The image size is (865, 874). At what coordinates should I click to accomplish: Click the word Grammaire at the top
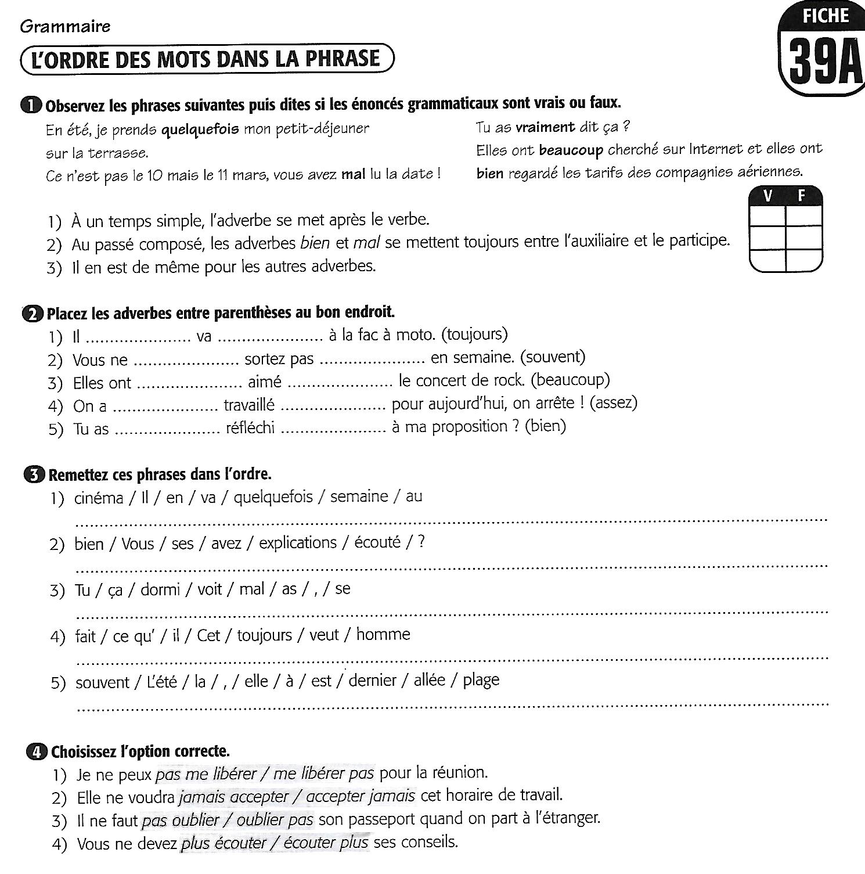[x=65, y=26]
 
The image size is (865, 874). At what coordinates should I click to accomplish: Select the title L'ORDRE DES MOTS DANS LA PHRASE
[x=207, y=59]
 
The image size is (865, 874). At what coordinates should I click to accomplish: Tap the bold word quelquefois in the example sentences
[x=200, y=129]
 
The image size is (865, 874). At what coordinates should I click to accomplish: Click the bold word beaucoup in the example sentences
[x=571, y=150]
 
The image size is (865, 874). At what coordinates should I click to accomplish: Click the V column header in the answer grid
[x=767, y=196]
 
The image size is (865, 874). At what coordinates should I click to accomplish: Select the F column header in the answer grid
[x=802, y=196]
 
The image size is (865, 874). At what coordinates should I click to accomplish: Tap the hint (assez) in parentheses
[x=614, y=402]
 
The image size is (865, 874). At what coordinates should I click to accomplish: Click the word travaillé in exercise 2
[x=249, y=404]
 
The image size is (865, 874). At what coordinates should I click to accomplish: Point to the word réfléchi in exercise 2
[x=250, y=427]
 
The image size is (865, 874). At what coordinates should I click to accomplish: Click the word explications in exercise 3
[x=298, y=543]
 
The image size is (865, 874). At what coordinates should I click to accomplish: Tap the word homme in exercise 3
[x=383, y=634]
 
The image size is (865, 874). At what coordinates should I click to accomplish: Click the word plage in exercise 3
[x=481, y=679]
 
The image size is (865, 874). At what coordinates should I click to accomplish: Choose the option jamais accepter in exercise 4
[x=234, y=796]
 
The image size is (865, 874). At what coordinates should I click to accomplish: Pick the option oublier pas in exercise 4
[x=275, y=819]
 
